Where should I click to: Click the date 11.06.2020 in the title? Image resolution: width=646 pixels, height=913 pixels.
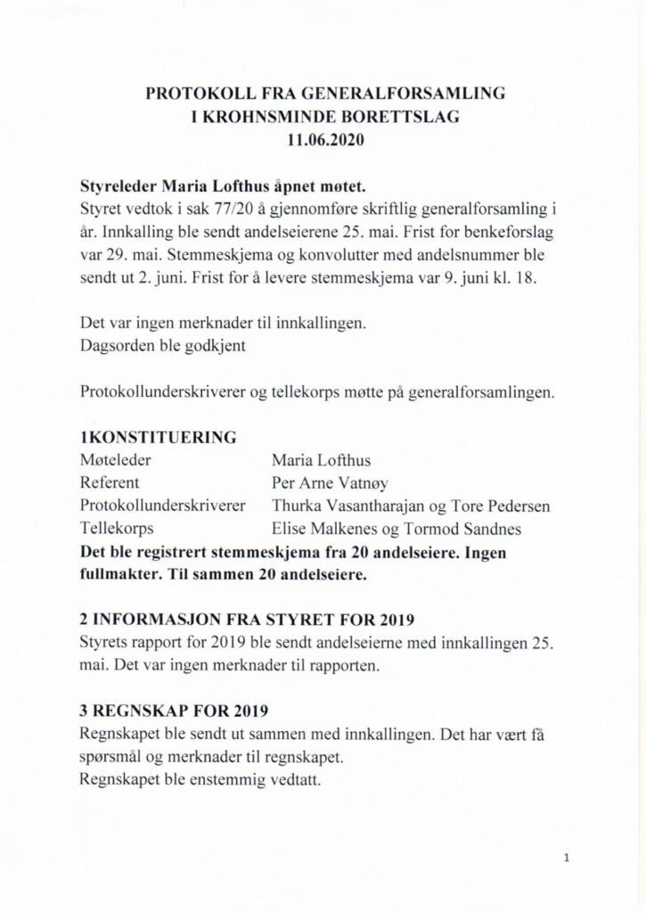point(323,139)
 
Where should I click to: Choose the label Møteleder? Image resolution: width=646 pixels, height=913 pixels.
point(115,460)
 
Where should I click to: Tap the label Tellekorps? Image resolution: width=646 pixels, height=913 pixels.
point(117,528)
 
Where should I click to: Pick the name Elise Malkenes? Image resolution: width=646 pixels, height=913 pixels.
point(326,528)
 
